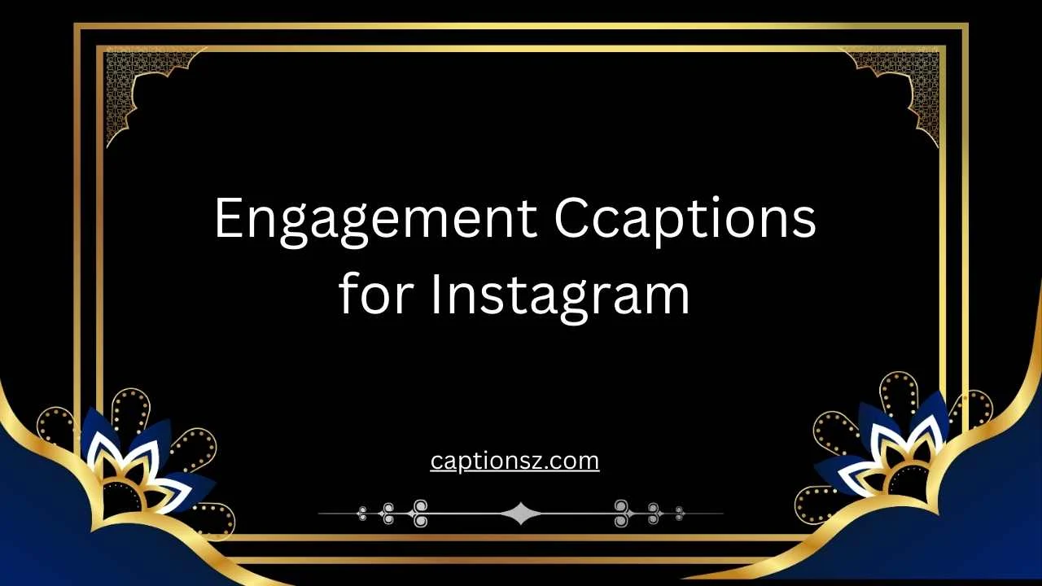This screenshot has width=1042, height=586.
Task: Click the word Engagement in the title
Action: click(375, 220)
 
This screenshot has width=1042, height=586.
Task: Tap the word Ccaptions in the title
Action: click(685, 220)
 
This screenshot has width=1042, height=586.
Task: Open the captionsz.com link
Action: click(514, 461)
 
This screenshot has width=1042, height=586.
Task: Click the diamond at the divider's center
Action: click(520, 514)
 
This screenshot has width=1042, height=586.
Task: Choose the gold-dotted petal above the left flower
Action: click(130, 411)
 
